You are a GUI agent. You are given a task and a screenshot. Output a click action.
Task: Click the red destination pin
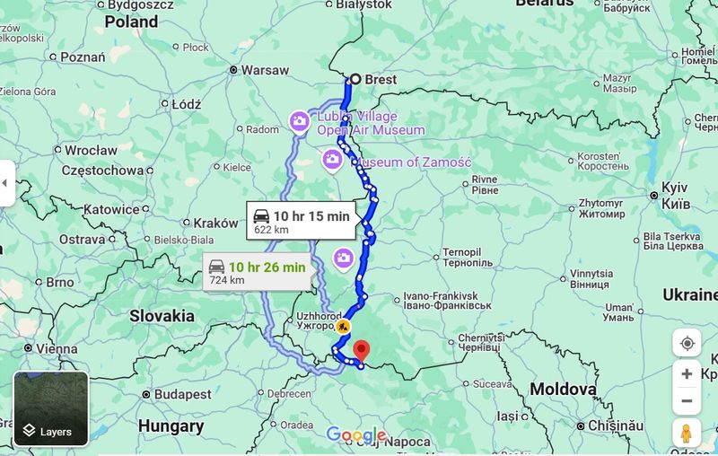pyautogui.click(x=361, y=349)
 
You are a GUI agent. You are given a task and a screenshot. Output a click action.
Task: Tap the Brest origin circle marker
pyautogui.click(x=355, y=79)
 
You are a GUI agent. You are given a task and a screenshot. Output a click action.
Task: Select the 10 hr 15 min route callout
pyautogui.click(x=302, y=221)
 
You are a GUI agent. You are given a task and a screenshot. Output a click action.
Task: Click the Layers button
pyautogui.click(x=51, y=408)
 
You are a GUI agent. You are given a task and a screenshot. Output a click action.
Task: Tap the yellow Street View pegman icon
pyautogui.click(x=687, y=433)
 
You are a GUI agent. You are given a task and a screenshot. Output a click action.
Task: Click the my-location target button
pyautogui.click(x=687, y=343)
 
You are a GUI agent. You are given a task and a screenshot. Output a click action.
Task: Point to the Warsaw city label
pyautogui.click(x=265, y=70)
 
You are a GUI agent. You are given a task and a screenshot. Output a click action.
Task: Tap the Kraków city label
pyautogui.click(x=215, y=223)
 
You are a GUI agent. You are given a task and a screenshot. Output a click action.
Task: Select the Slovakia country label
pyautogui.click(x=162, y=316)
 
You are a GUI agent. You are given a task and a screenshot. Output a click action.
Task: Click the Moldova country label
pyautogui.click(x=563, y=390)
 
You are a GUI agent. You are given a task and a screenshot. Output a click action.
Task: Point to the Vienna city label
pyautogui.click(x=56, y=349)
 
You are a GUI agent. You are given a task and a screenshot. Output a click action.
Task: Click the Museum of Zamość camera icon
pyautogui.click(x=332, y=160)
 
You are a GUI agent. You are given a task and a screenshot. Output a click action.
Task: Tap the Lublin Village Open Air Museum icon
pyautogui.click(x=299, y=120)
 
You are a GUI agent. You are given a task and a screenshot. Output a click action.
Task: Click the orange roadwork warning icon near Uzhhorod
pyautogui.click(x=342, y=326)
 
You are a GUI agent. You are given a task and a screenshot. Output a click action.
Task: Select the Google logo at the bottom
pyautogui.click(x=356, y=435)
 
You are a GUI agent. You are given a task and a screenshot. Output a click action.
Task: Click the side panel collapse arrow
pyautogui.click(x=5, y=183)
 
